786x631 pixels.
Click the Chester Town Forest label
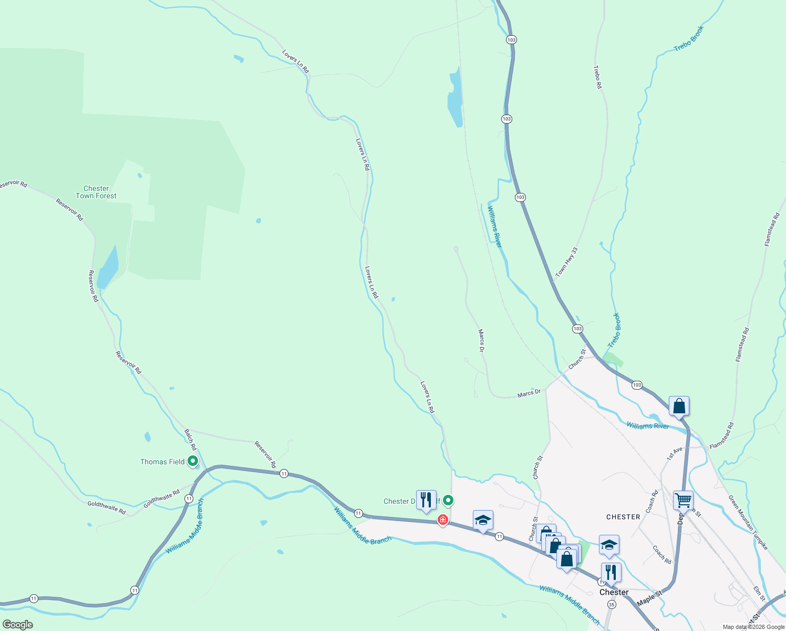click(96, 192)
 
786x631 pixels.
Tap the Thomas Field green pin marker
click(193, 461)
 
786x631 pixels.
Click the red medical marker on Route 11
click(443, 520)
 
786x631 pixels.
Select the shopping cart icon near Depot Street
click(683, 501)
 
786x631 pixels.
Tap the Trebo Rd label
click(597, 77)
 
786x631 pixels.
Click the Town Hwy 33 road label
click(567, 262)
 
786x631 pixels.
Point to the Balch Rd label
click(190, 440)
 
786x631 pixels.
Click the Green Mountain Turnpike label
click(748, 522)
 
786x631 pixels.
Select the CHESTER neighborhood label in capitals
click(623, 517)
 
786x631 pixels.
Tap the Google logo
click(18, 625)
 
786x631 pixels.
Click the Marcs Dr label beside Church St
click(529, 393)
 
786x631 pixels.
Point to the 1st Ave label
click(675, 453)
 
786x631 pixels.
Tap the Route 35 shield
click(611, 605)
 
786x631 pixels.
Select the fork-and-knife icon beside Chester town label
click(611, 572)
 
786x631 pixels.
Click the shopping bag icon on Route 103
click(679, 406)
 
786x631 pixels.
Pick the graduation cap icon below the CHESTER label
click(609, 545)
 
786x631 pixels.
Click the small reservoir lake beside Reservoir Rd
click(109, 267)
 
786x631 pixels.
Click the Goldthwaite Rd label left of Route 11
click(107, 507)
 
